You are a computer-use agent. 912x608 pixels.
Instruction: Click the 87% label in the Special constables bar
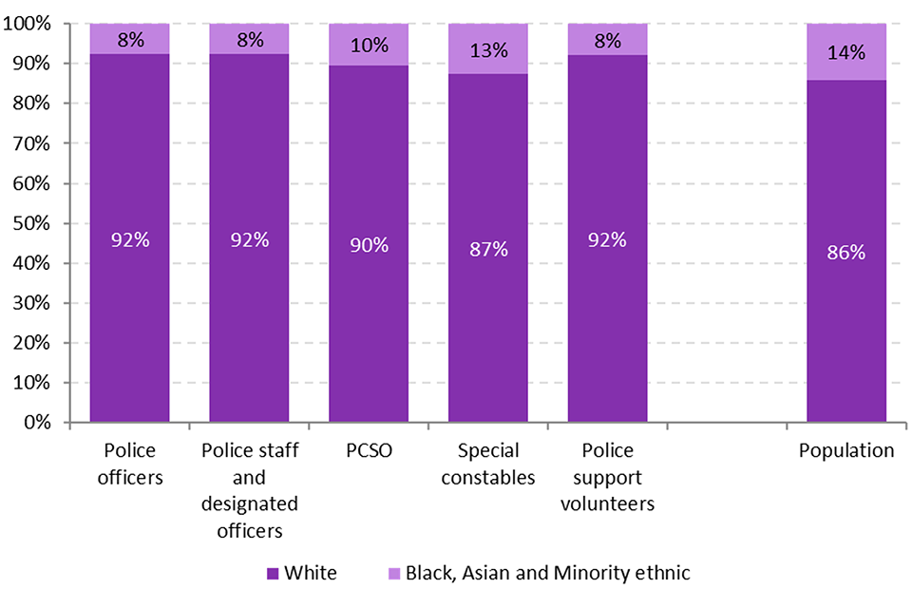tap(487, 249)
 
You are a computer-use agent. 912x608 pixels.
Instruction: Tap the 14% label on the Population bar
tap(845, 53)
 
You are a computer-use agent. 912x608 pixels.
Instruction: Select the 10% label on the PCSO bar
tap(369, 46)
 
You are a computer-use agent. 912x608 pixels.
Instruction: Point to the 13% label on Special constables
tap(487, 49)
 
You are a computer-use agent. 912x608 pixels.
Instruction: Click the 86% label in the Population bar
tap(845, 253)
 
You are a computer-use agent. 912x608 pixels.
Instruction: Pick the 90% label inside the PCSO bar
tap(369, 245)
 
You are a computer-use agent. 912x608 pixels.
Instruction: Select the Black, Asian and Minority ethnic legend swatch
tap(392, 573)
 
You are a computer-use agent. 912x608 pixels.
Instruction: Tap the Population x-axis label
tap(845, 450)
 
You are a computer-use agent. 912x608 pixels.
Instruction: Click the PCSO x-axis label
tap(369, 450)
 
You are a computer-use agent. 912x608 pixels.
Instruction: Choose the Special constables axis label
tap(487, 464)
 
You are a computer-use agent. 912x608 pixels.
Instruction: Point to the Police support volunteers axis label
tap(607, 477)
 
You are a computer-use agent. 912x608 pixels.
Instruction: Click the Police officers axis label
tap(129, 464)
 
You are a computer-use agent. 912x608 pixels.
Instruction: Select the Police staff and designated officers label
tap(249, 490)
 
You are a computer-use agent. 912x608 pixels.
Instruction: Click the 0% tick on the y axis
tap(43, 423)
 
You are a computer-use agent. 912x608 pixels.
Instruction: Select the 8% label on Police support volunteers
tap(607, 41)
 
